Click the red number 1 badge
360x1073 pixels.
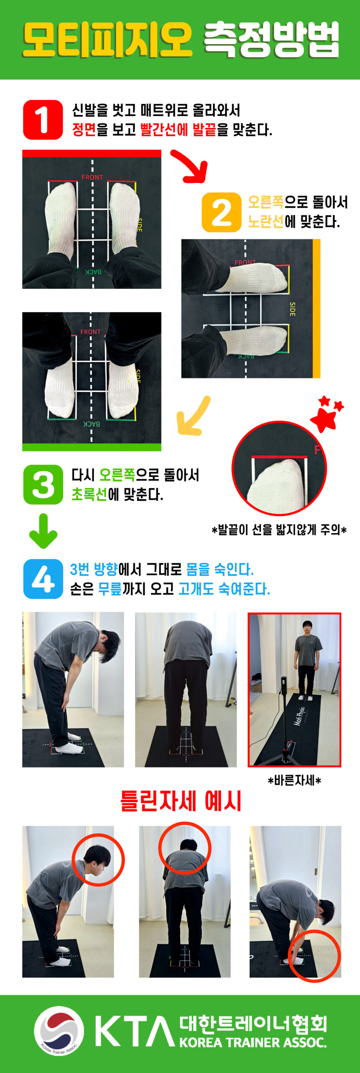43,119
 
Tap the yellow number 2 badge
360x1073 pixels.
221,212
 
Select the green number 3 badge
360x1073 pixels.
43,485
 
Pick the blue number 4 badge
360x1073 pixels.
43,579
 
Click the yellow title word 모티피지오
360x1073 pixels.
108,40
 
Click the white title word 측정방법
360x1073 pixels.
271,40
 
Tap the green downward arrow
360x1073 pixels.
43,531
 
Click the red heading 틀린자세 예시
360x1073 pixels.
181,801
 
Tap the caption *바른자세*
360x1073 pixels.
294,780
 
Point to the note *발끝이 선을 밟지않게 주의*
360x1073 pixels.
279,530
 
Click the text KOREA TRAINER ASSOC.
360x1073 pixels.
253,1042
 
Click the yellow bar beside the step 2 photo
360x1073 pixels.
316,308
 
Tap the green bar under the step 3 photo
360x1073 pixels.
92,447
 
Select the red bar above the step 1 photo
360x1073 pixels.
92,153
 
